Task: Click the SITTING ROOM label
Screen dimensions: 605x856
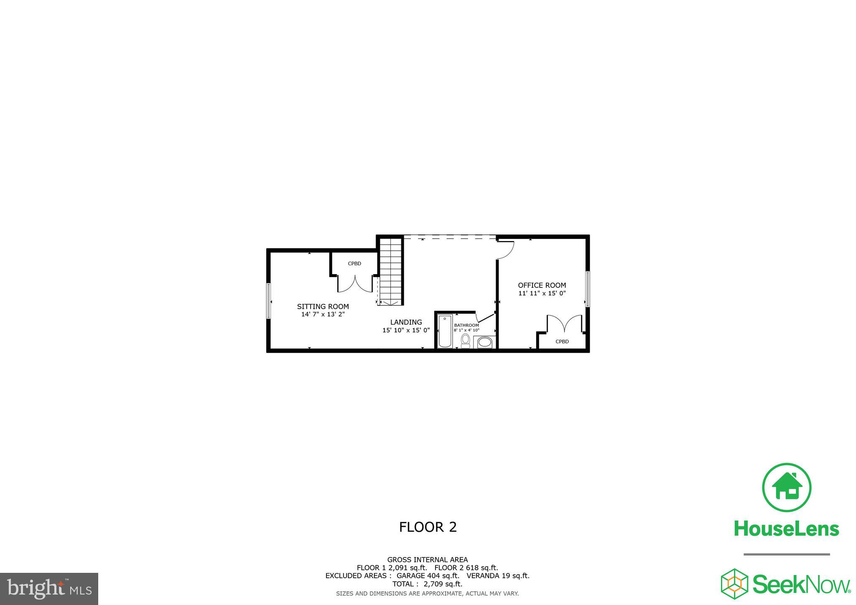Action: [323, 306]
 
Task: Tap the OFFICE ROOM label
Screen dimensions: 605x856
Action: [542, 285]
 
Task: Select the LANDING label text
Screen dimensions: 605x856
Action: [406, 322]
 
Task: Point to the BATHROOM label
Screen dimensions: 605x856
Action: [466, 325]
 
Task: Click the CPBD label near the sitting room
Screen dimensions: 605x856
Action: [354, 264]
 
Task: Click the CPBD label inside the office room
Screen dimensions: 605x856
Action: [562, 341]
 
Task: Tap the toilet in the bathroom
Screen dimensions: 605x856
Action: [465, 340]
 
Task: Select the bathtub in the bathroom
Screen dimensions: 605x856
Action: [445, 331]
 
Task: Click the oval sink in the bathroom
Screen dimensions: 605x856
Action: [484, 343]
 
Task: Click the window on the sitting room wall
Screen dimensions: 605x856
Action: [269, 301]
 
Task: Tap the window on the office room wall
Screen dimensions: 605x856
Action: [587, 289]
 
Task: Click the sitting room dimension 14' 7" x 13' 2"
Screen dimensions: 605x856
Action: [323, 314]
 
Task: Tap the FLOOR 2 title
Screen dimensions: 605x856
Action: [428, 527]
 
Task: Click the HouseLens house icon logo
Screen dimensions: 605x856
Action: [787, 487]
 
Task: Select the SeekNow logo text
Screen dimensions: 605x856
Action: [802, 584]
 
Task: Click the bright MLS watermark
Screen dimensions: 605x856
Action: [49, 589]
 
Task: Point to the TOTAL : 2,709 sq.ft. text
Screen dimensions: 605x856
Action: [427, 584]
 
